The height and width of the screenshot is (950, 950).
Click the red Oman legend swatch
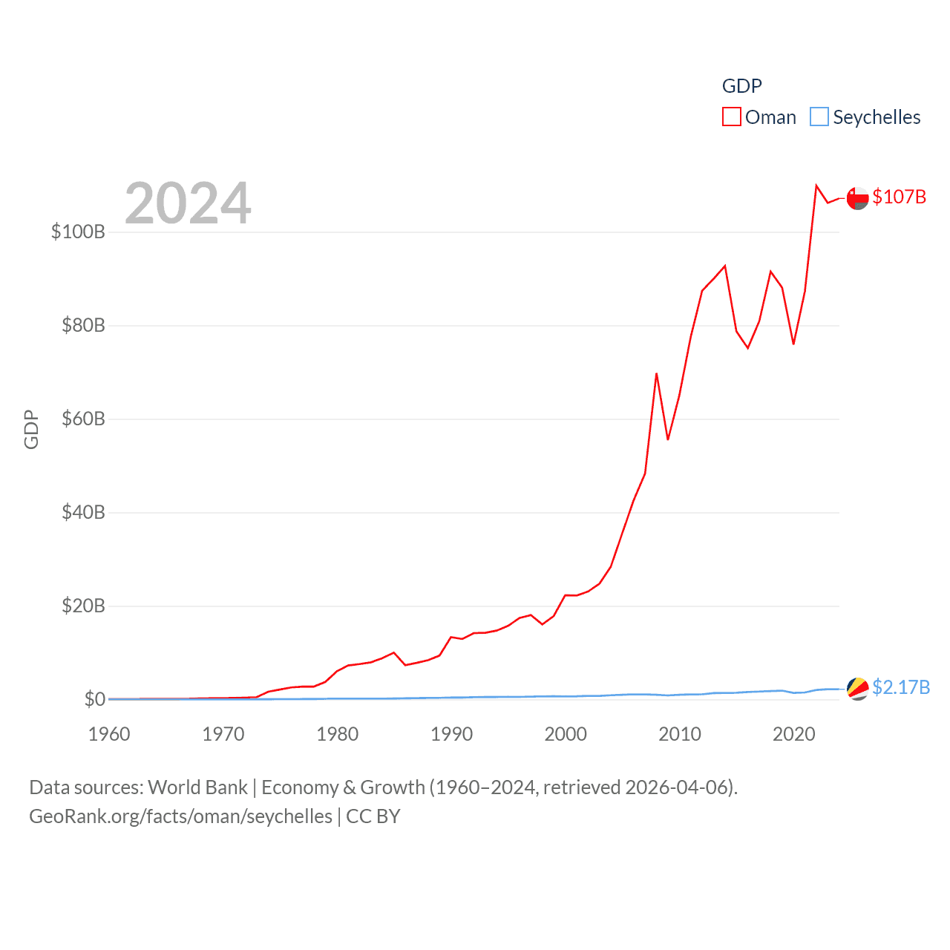(x=732, y=117)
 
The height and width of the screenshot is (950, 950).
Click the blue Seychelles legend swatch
(x=819, y=117)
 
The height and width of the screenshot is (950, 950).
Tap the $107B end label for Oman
(x=899, y=197)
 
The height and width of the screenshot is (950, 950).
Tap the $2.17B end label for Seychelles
(x=900, y=687)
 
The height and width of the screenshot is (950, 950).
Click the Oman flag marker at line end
(x=857, y=198)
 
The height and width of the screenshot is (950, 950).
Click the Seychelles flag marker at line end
(x=857, y=689)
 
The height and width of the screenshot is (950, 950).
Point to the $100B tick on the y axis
(x=78, y=232)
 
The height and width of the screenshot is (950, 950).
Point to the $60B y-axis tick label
(x=83, y=419)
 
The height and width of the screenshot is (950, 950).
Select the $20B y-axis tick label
(x=83, y=606)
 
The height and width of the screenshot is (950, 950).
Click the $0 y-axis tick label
(x=94, y=699)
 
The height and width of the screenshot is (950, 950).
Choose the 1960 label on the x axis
(x=109, y=734)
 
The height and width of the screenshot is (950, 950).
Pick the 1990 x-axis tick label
(x=451, y=734)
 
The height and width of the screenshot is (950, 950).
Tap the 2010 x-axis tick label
(x=680, y=734)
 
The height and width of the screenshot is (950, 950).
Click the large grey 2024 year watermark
(x=188, y=203)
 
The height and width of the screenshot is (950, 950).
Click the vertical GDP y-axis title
(x=31, y=429)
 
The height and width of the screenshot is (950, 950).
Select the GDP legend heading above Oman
(x=741, y=86)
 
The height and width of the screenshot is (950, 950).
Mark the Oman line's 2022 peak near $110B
(x=816, y=186)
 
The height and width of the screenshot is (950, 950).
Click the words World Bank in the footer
(x=197, y=787)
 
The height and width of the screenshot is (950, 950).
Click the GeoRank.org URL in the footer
(x=180, y=816)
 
